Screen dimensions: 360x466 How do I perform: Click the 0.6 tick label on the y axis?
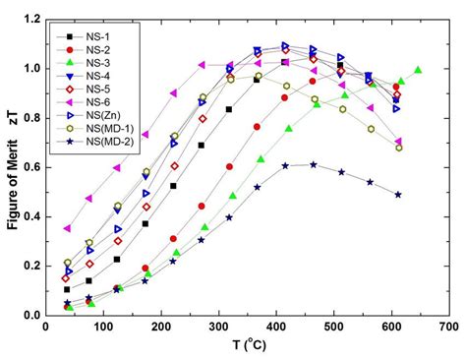[x=33, y=167]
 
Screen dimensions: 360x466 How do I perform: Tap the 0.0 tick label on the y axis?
[x=33, y=315]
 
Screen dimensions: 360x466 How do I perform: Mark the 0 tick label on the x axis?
[x=47, y=327]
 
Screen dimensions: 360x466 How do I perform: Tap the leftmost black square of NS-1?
[x=67, y=289]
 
